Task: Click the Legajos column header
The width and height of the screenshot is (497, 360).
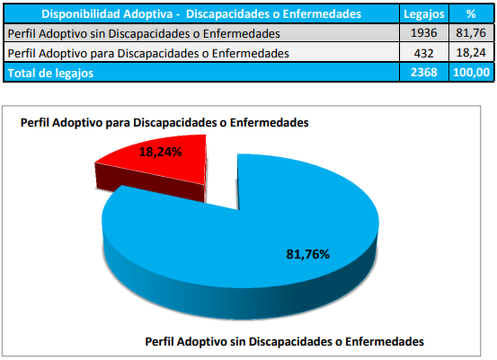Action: point(424,14)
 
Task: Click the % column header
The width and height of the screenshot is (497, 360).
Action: point(470,14)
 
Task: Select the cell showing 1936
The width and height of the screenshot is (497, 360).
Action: point(424,33)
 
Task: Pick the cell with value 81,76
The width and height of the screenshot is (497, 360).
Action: point(470,33)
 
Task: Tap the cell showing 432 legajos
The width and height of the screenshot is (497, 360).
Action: point(424,53)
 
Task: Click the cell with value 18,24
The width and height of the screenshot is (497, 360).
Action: point(470,53)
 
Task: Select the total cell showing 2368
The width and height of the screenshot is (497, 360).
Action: point(424,72)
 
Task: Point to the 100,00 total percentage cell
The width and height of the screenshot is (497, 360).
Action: point(470,72)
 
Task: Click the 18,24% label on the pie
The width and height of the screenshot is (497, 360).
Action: point(160,152)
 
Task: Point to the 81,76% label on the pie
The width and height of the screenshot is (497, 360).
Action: point(307,254)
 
